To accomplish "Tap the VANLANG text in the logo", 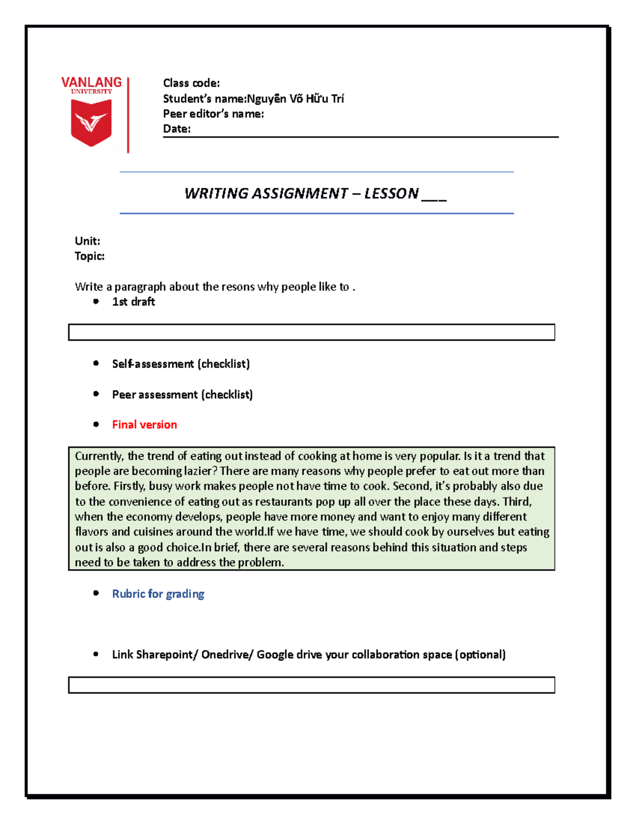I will [91, 82].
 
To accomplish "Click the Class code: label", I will [191, 83].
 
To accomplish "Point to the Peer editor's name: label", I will [213, 114].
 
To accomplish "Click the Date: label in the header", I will [176, 129].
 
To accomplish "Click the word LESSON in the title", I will [391, 193].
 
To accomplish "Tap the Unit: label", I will [87, 241].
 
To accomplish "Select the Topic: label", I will [90, 256].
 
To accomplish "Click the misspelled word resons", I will [238, 287].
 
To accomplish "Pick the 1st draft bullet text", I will [134, 302].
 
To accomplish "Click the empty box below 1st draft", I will [311, 332].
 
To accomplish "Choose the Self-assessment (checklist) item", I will [181, 364].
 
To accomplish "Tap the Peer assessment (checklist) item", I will [182, 395].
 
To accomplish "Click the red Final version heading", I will [144, 424].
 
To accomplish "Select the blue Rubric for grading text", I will [158, 594].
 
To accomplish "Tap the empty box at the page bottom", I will [311, 684].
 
